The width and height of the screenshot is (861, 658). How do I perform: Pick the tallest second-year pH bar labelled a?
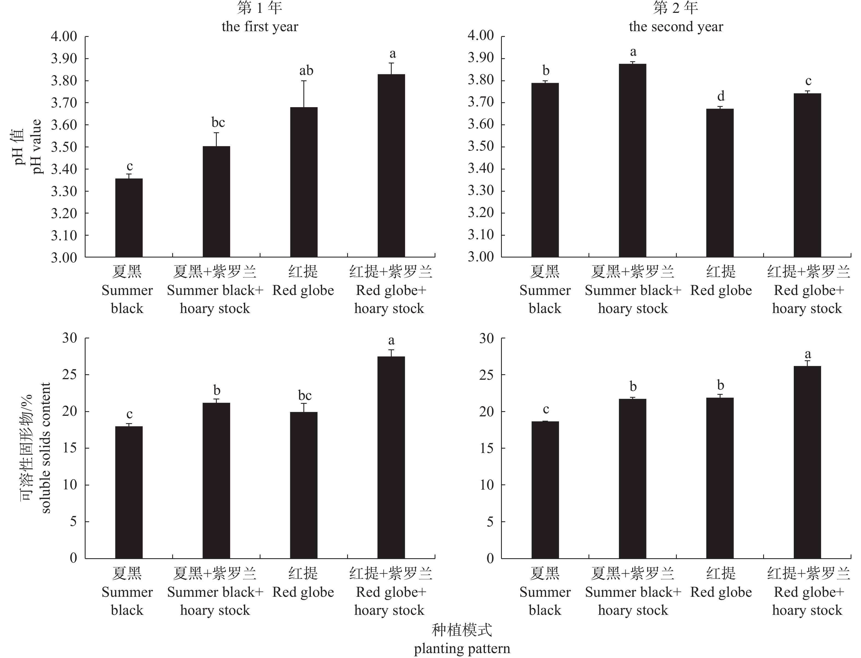(632, 160)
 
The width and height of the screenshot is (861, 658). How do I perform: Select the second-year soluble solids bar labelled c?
(545, 490)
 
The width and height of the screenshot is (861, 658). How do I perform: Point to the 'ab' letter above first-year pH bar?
(306, 71)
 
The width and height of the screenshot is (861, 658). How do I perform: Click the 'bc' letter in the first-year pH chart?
(218, 122)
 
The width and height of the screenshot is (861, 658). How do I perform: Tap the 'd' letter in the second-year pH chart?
(721, 96)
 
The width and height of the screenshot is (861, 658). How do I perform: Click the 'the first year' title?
(260, 27)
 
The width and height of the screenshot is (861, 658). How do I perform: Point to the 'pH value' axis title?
(37, 147)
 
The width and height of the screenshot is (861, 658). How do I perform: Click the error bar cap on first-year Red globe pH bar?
(304, 81)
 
